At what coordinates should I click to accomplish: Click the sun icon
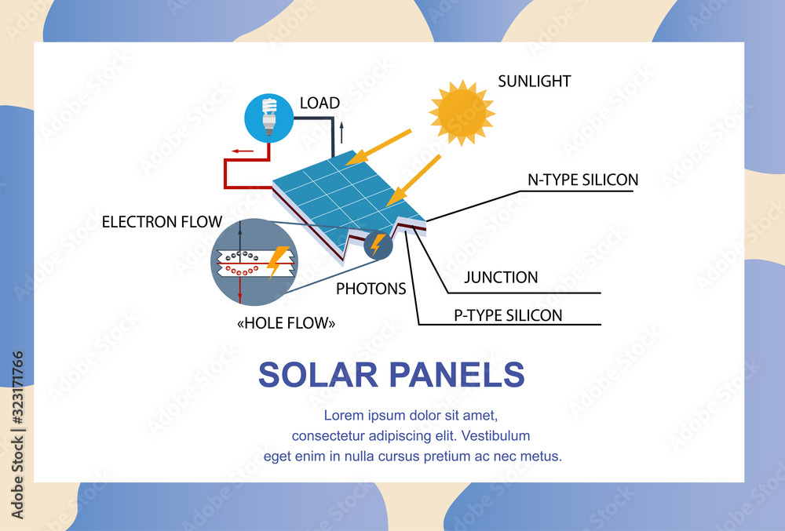tap(462, 112)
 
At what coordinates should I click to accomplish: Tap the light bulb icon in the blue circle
tap(268, 116)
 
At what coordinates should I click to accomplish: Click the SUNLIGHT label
tap(535, 81)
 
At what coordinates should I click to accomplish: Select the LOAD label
tap(319, 103)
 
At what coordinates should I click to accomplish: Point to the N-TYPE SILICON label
tap(582, 180)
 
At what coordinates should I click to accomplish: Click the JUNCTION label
tap(501, 277)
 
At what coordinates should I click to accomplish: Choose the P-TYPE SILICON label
tap(508, 315)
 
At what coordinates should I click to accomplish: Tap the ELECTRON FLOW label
tap(162, 222)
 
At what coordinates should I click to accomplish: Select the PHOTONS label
tap(371, 289)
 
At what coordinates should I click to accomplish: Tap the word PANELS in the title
tap(459, 375)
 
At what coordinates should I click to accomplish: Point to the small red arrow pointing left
tap(243, 151)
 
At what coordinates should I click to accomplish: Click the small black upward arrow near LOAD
tap(341, 133)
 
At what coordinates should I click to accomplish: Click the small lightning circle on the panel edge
tap(377, 245)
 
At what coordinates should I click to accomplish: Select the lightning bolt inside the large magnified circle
tap(276, 260)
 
